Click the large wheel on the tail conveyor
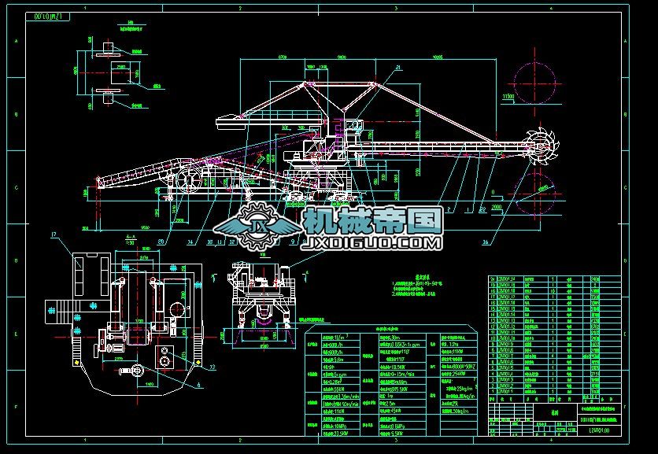189,180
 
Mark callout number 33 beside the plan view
213,367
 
